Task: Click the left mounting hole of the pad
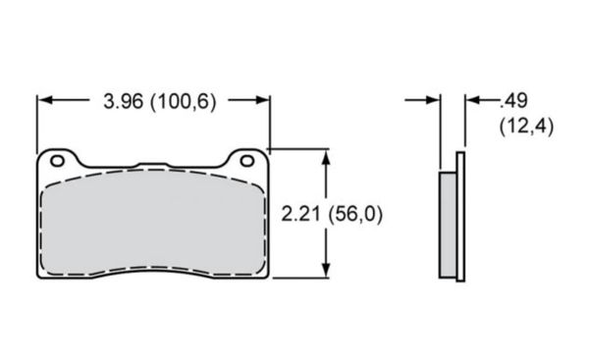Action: click(58, 161)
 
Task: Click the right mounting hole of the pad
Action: click(247, 161)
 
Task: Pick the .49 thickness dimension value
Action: click(513, 101)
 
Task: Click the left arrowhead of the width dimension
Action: click(45, 100)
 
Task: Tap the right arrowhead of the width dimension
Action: click(262, 100)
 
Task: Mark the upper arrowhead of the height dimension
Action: click(326, 158)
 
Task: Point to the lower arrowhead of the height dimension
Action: click(326, 270)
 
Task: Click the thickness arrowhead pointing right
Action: click(433, 100)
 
